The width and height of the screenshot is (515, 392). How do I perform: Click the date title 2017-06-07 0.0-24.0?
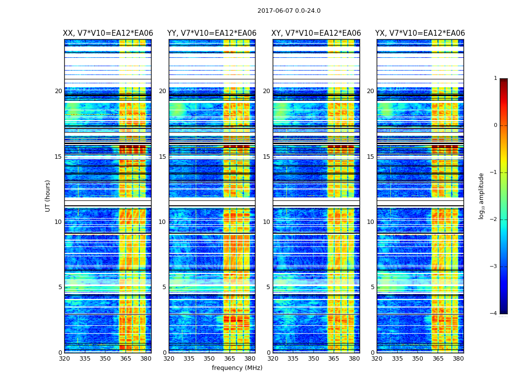pos(289,11)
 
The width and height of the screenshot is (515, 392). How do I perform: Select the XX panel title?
pos(108,33)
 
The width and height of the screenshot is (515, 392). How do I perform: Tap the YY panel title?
pos(212,33)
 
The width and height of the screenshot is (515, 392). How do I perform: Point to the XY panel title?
pos(316,33)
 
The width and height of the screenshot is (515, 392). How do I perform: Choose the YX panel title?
pos(420,33)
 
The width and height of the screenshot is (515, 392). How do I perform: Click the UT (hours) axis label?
pos(48,196)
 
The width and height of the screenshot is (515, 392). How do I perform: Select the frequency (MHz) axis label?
pos(237,368)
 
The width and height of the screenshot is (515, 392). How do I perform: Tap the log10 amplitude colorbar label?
pos(482,196)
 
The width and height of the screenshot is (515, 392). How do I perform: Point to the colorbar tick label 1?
pos(495,78)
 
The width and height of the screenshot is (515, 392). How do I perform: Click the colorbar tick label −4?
pos(494,314)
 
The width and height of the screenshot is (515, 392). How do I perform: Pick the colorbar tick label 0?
pos(495,125)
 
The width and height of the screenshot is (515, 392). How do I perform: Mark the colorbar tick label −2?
pos(494,220)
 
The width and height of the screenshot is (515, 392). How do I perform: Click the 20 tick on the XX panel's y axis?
pos(58,91)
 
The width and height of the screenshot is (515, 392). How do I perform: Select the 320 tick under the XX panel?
pos(64,359)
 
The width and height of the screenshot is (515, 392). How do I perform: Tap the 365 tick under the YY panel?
pos(230,359)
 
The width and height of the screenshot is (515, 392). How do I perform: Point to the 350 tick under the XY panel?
pos(313,359)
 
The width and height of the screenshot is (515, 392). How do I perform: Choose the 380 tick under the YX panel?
pos(458,359)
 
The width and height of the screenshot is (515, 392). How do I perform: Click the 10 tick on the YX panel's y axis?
pos(371,222)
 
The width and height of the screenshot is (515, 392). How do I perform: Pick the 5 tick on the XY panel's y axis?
pos(268,287)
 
